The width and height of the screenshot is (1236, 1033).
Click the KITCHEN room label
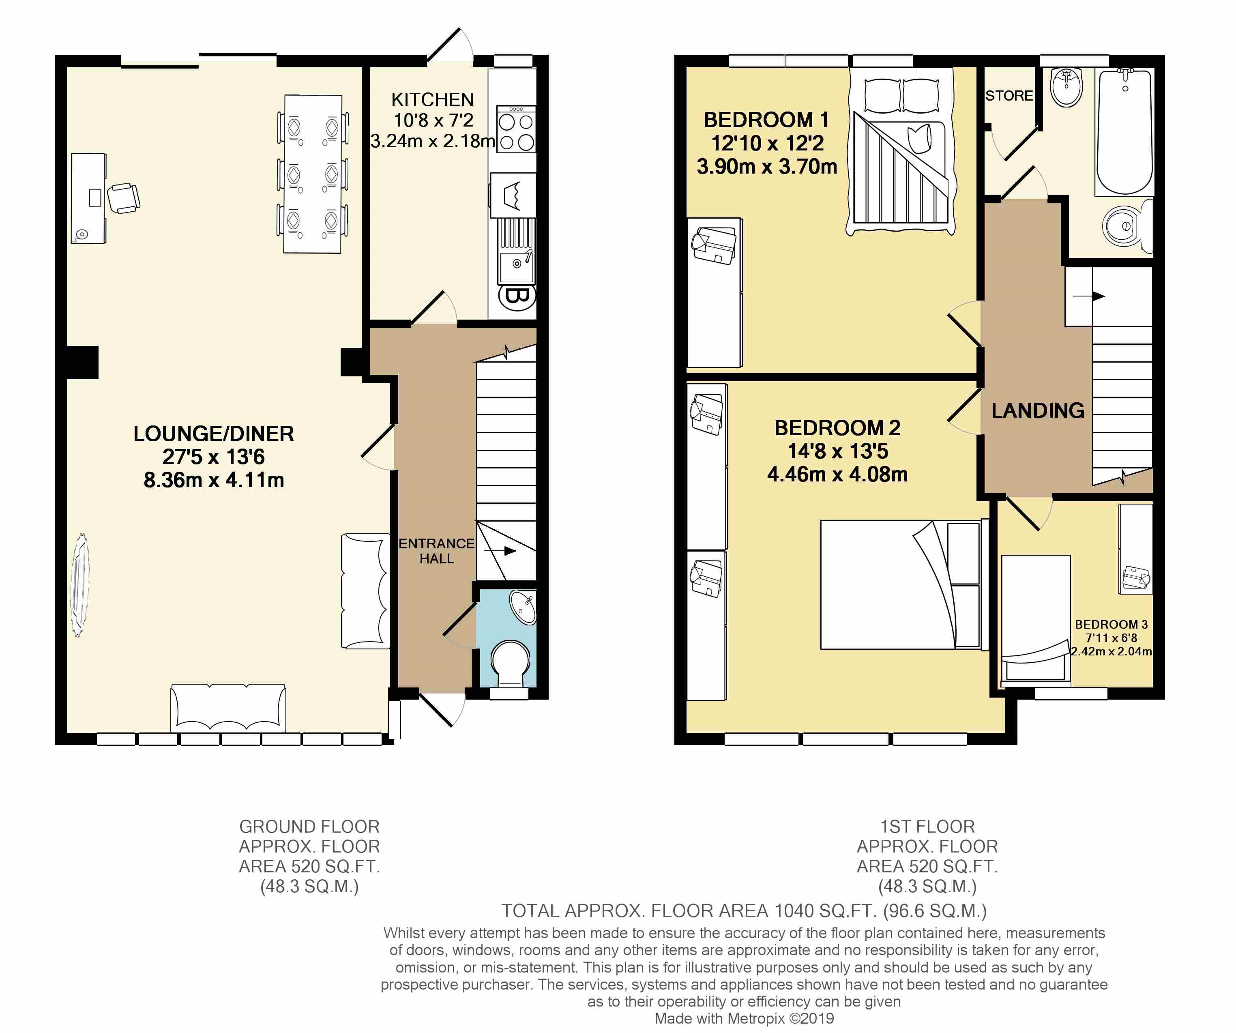(433, 99)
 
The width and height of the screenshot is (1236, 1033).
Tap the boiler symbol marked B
(517, 296)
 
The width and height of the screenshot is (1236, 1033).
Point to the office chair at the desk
(124, 197)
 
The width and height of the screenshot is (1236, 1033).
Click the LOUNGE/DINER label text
(214, 434)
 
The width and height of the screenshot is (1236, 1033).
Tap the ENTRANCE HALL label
(436, 551)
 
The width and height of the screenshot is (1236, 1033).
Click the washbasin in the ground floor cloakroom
(523, 608)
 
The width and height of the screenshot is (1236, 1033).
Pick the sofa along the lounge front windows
(228, 708)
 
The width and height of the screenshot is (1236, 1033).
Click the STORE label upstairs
(1009, 95)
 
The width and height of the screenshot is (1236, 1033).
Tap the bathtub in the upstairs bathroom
(1124, 133)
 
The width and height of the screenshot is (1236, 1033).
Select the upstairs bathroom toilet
(1127, 226)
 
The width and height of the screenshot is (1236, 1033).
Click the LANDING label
(1038, 410)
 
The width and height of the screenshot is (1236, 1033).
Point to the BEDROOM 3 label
(1111, 625)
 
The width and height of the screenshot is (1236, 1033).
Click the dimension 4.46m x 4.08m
(837, 475)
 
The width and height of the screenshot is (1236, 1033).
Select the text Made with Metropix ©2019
(744, 1018)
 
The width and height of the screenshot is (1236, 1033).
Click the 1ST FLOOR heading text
(927, 827)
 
